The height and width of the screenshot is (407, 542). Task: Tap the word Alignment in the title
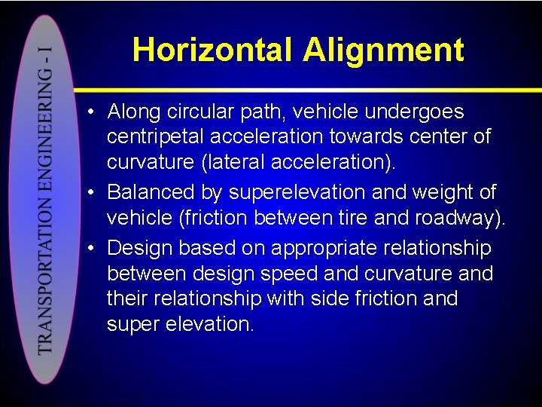(x=384, y=50)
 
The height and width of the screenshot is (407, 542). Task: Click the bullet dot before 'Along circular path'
(x=90, y=113)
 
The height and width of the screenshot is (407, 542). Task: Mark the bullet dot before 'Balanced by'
(x=90, y=193)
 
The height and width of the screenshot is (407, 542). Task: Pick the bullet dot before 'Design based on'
(x=90, y=248)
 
